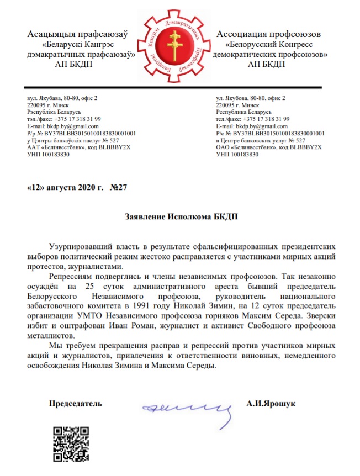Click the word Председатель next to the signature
[76, 404]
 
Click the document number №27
[119, 187]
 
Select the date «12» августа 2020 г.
[66, 187]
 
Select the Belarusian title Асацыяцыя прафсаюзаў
[77, 35]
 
